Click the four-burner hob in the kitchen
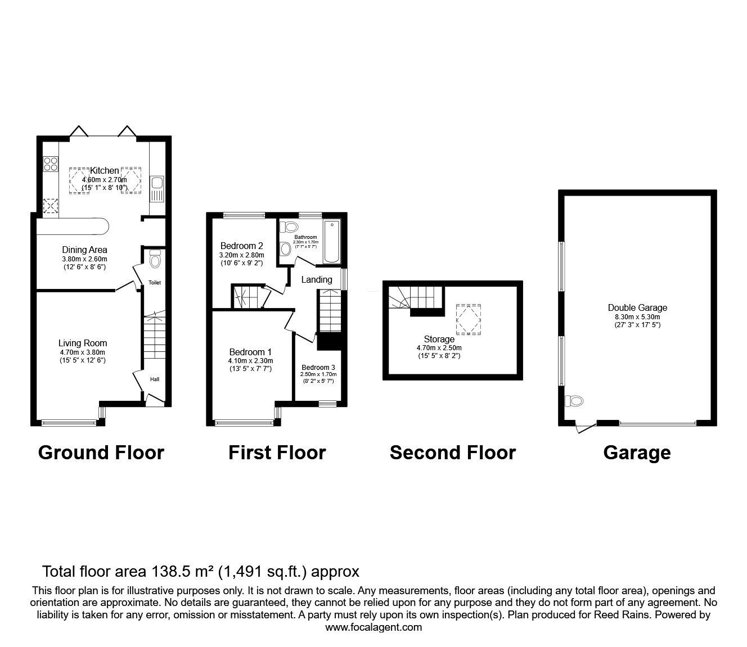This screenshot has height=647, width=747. pyautogui.click(x=50, y=164)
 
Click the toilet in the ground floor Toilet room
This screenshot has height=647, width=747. pyautogui.click(x=155, y=260)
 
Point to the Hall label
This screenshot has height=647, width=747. pyautogui.click(x=154, y=379)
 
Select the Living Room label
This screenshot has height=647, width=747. pyautogui.click(x=83, y=343)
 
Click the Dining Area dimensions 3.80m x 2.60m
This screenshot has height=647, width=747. pyautogui.click(x=84, y=259)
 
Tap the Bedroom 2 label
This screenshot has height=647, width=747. pyautogui.click(x=242, y=246)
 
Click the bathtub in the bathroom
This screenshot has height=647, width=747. pyautogui.click(x=331, y=242)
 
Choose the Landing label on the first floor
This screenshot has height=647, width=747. pyautogui.click(x=317, y=279)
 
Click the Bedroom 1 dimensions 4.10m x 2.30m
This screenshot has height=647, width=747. pyautogui.click(x=250, y=361)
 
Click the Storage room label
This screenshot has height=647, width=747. pyautogui.click(x=439, y=339)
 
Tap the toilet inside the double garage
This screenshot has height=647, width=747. pyautogui.click(x=574, y=401)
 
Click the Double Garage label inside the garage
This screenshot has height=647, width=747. pyautogui.click(x=637, y=307)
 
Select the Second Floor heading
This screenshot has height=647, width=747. pyautogui.click(x=452, y=453)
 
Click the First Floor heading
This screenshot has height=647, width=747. pyautogui.click(x=277, y=453)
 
